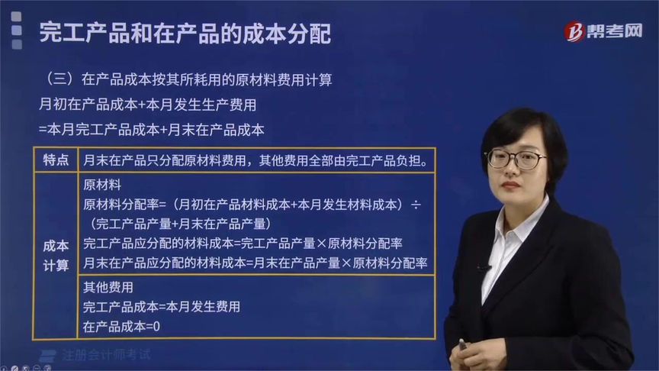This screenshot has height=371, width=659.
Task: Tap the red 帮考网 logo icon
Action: click(574, 31)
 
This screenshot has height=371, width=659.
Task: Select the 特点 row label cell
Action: click(56, 160)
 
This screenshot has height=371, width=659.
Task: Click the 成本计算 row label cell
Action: click(56, 255)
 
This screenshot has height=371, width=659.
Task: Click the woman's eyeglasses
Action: click(516, 158)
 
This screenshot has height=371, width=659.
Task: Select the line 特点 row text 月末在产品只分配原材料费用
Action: click(259, 160)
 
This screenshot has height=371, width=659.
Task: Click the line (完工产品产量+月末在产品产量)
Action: click(182, 224)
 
